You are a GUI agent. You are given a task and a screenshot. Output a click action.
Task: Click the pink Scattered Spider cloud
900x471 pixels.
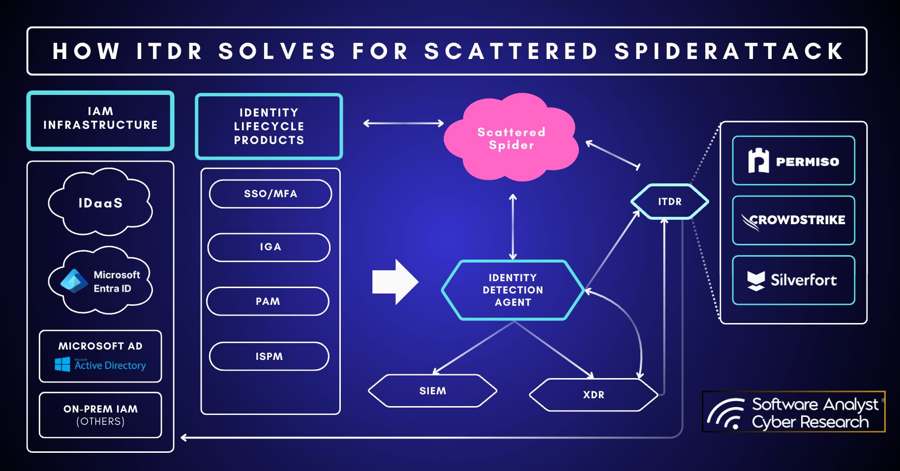[511, 138]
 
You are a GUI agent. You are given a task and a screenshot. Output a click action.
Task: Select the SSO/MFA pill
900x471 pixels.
[270, 194]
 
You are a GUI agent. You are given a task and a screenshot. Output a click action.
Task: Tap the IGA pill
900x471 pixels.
[269, 247]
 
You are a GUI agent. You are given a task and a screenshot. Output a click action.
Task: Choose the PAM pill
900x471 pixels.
[268, 301]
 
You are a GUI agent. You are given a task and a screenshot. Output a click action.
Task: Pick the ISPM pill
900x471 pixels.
[269, 356]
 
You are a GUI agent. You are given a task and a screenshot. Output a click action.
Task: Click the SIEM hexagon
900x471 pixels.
[433, 391]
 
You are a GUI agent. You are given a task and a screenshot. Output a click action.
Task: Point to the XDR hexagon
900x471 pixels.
[593, 395]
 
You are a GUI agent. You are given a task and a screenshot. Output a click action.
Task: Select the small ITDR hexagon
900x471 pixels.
[669, 202]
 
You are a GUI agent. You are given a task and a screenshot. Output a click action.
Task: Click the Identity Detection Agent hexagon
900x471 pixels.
[512, 290]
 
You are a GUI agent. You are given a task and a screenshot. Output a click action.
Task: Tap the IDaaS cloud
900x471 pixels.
[100, 203]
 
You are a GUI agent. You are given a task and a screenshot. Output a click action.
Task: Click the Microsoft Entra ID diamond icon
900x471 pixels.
[74, 281]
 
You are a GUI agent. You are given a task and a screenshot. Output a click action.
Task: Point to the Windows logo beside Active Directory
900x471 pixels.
[62, 364]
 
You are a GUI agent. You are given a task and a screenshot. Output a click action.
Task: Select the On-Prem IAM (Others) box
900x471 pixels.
[100, 415]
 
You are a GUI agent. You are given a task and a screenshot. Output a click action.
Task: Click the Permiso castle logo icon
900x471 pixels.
[758, 161]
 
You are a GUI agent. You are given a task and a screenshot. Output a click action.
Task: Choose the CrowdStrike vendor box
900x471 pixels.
[793, 220]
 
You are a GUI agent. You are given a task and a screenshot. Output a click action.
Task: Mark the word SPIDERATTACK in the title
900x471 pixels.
[729, 51]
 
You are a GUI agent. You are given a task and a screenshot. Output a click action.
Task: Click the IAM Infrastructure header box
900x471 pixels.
[100, 120]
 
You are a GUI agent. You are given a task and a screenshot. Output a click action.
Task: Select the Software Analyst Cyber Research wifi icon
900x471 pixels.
[726, 414]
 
